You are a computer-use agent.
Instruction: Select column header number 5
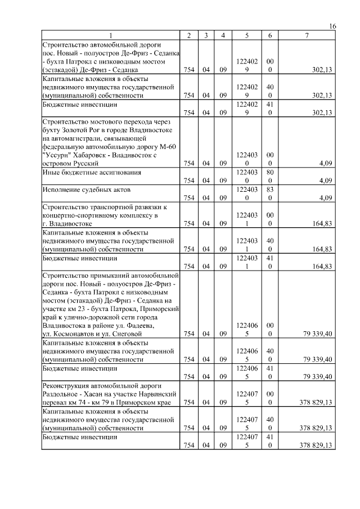(247, 36)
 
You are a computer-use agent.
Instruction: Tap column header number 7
(307, 36)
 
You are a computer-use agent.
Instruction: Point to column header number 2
(189, 36)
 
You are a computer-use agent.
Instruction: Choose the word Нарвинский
(159, 394)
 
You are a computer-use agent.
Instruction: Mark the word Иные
(51, 172)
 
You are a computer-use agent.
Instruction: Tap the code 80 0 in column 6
(271, 176)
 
